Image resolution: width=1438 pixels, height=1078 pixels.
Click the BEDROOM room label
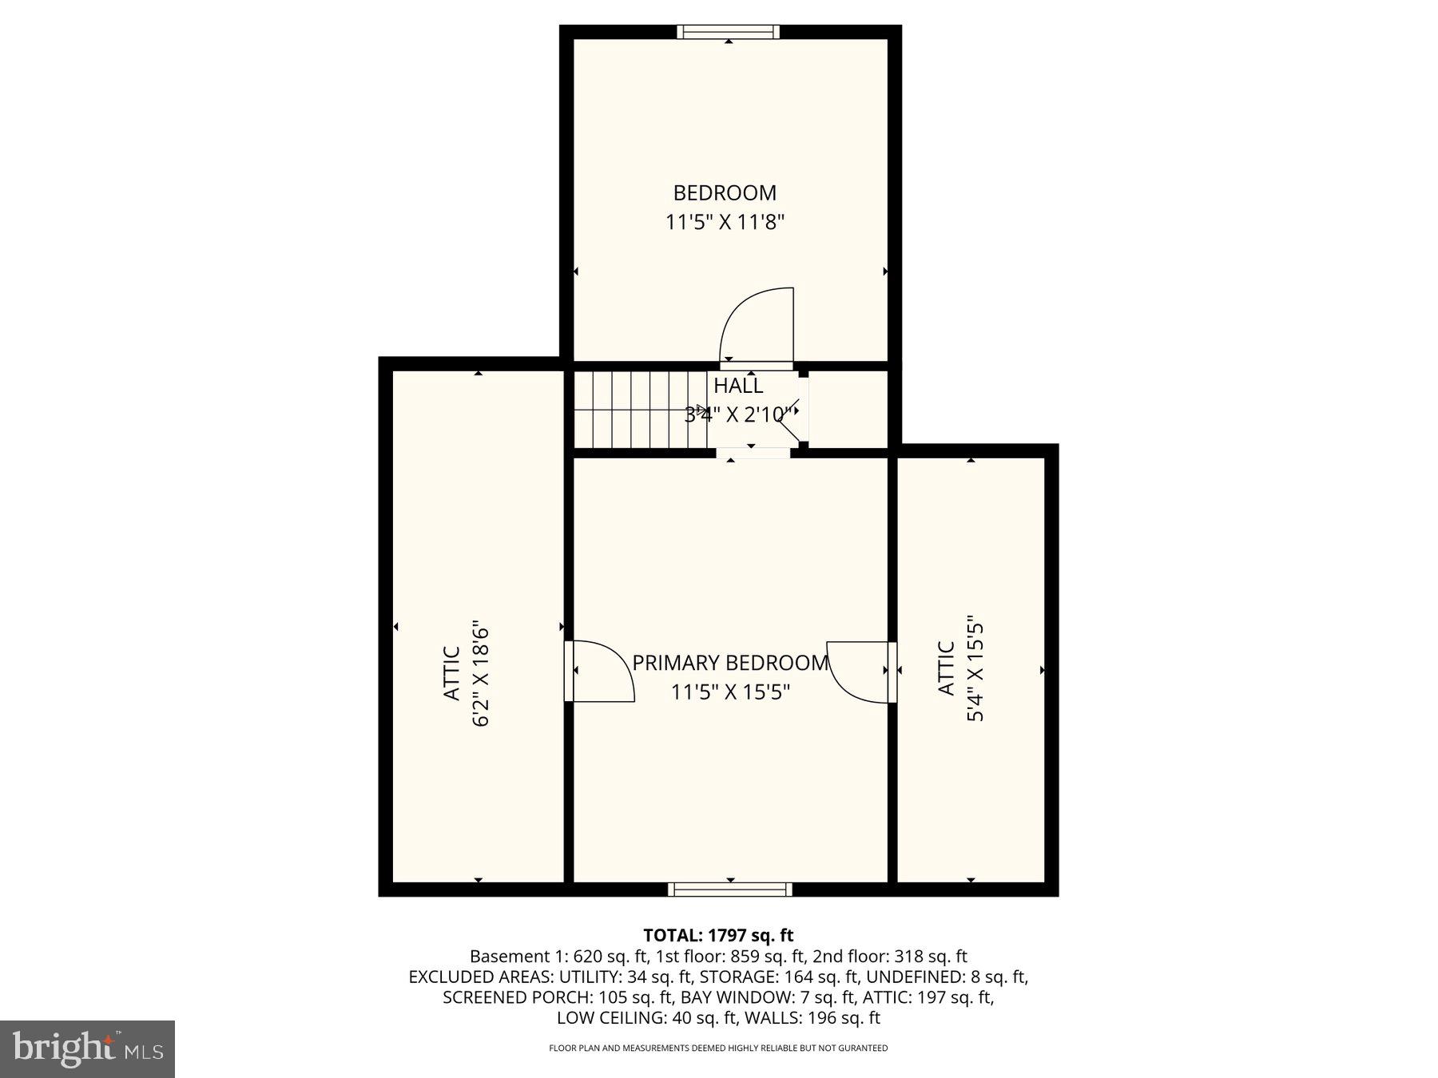tap(725, 192)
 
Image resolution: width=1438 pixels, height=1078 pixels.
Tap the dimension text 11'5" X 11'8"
tap(725, 222)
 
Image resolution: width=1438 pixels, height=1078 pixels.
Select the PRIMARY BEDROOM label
tap(730, 663)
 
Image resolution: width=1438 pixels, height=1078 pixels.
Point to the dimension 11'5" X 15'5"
tap(730, 692)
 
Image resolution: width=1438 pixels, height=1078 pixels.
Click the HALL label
tap(737, 386)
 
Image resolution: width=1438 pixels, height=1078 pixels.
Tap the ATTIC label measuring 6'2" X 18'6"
tap(451, 674)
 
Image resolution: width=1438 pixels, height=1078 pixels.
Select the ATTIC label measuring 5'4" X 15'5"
tap(946, 669)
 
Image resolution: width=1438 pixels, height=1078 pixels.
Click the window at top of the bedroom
tap(728, 32)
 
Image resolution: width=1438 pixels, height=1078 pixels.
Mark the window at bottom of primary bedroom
tap(730, 890)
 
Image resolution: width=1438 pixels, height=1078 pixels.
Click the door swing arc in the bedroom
tap(755, 326)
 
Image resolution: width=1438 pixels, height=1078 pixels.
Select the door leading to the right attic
tap(859, 672)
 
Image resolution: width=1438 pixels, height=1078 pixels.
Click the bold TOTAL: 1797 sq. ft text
tap(718, 935)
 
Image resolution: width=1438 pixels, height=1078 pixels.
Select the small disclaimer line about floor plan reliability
tap(718, 1048)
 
